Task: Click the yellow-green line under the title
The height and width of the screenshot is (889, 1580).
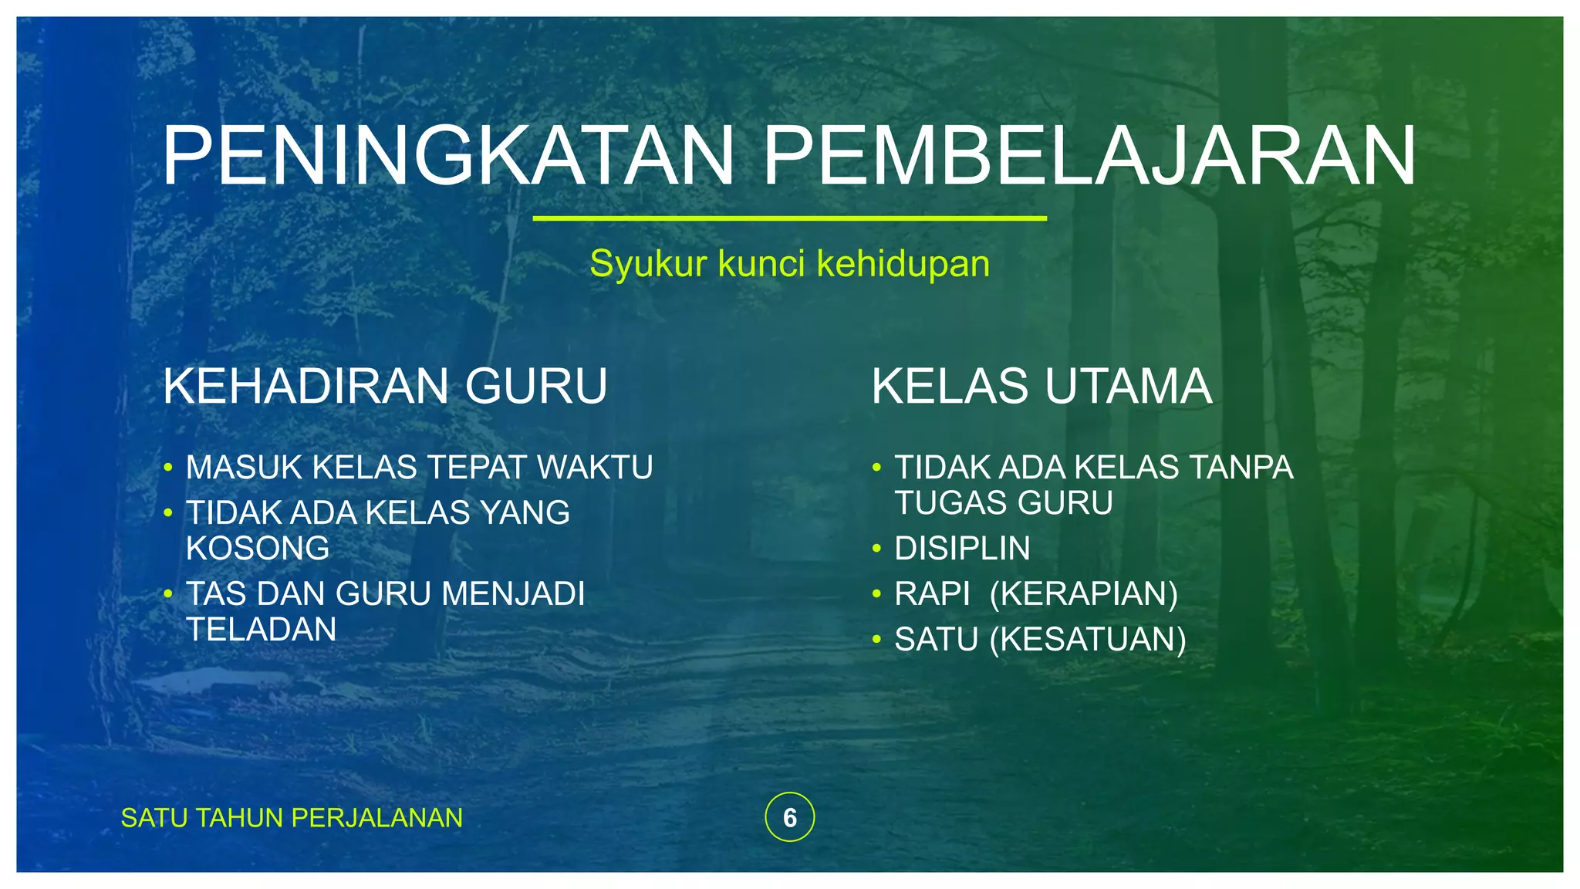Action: coord(789,218)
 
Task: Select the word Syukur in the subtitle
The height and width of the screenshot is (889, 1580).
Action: coord(648,264)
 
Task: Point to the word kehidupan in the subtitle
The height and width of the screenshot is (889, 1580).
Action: coord(903,264)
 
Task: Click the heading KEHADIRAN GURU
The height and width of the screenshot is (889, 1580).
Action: coord(385,386)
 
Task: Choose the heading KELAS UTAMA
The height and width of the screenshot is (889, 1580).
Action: coord(1042,386)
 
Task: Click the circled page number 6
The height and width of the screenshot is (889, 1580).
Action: coord(789,817)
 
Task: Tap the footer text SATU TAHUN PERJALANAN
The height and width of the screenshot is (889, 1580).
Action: coord(292,818)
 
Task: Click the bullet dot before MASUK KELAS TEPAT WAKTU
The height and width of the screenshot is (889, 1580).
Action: coord(168,468)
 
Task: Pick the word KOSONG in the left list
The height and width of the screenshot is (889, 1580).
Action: coord(258,549)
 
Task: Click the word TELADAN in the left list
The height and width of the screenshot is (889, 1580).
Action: coord(262,630)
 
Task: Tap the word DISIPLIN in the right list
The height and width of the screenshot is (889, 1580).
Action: coord(962,549)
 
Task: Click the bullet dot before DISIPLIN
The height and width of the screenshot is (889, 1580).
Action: coord(876,549)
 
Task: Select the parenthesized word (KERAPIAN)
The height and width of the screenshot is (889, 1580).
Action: coord(1083,594)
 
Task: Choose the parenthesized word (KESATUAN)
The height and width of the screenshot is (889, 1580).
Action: coord(1088,640)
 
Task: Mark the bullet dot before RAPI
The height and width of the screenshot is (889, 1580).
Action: coord(876,594)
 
